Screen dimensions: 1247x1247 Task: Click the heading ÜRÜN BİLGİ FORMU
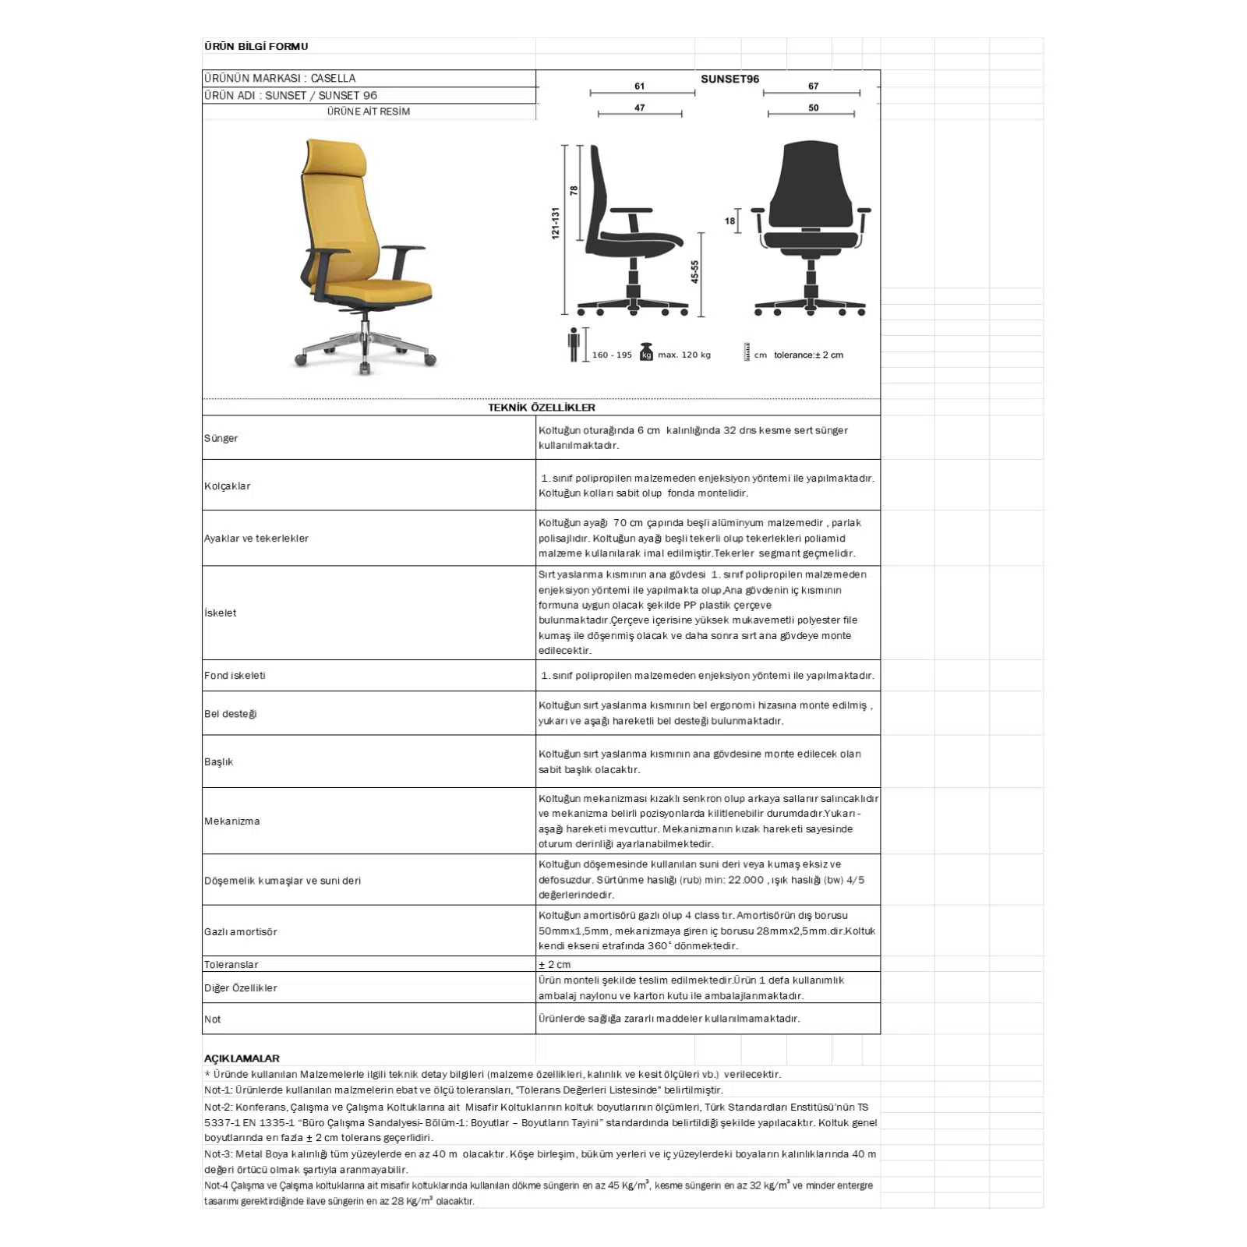[x=256, y=46]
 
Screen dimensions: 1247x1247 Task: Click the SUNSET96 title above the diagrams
[x=729, y=79]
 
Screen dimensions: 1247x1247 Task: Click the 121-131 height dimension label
[x=556, y=223]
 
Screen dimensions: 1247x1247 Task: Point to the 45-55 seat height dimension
[x=694, y=271]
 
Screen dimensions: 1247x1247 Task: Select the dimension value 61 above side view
[x=640, y=86]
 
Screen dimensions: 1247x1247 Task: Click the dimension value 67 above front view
[x=813, y=86]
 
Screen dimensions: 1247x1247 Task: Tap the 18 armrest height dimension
[x=729, y=221]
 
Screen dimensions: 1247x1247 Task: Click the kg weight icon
[x=645, y=353]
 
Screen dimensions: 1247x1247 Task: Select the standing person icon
[x=574, y=344]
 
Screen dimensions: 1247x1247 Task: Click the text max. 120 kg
[x=684, y=355]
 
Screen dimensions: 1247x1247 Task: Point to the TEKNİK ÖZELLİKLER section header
[x=541, y=407]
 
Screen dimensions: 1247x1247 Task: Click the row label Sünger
[x=221, y=438]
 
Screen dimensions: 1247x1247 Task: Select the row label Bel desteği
[x=230, y=713]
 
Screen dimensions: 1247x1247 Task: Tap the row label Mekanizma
[x=232, y=821]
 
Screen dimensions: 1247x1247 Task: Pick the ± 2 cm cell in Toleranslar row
[x=554, y=964]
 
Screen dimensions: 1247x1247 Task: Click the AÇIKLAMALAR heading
[x=242, y=1058]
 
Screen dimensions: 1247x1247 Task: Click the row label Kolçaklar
[x=228, y=486]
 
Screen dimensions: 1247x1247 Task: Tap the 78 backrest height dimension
[x=574, y=190]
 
